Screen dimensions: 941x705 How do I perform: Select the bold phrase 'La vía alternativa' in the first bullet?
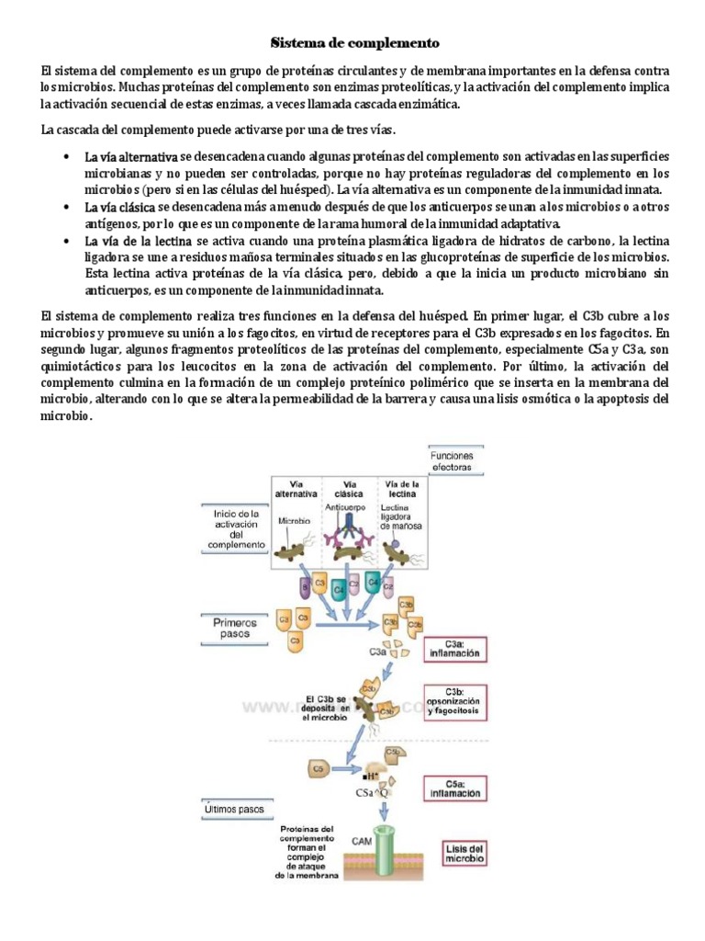(131, 158)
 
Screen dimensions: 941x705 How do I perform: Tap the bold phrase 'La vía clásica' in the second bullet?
(119, 208)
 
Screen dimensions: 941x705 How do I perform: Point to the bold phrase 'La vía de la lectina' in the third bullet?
(139, 241)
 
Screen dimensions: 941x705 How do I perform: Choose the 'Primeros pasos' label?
(236, 628)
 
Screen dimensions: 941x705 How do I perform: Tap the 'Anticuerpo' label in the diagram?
(345, 506)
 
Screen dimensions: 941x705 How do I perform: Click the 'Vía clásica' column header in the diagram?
(349, 488)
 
